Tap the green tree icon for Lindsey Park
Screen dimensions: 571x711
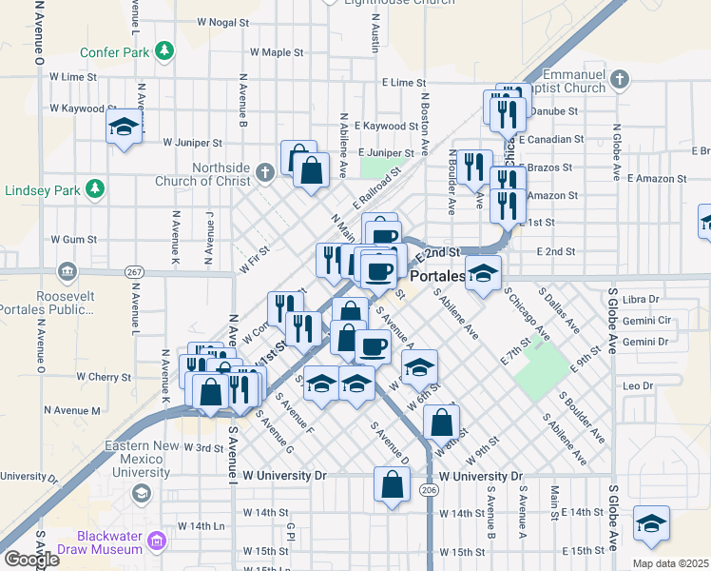[x=95, y=188]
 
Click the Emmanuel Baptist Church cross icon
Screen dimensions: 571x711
[x=620, y=79]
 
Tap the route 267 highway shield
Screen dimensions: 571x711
[x=134, y=272]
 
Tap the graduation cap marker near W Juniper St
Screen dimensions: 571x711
[x=125, y=127]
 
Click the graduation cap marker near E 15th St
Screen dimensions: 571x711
[x=651, y=522]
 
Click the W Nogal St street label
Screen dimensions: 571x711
[x=222, y=21]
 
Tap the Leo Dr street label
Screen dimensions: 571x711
[x=638, y=385]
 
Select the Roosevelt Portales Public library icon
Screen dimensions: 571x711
[x=67, y=272]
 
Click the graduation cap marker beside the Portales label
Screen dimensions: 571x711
[x=483, y=273]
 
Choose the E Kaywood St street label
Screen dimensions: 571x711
[x=386, y=126]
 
